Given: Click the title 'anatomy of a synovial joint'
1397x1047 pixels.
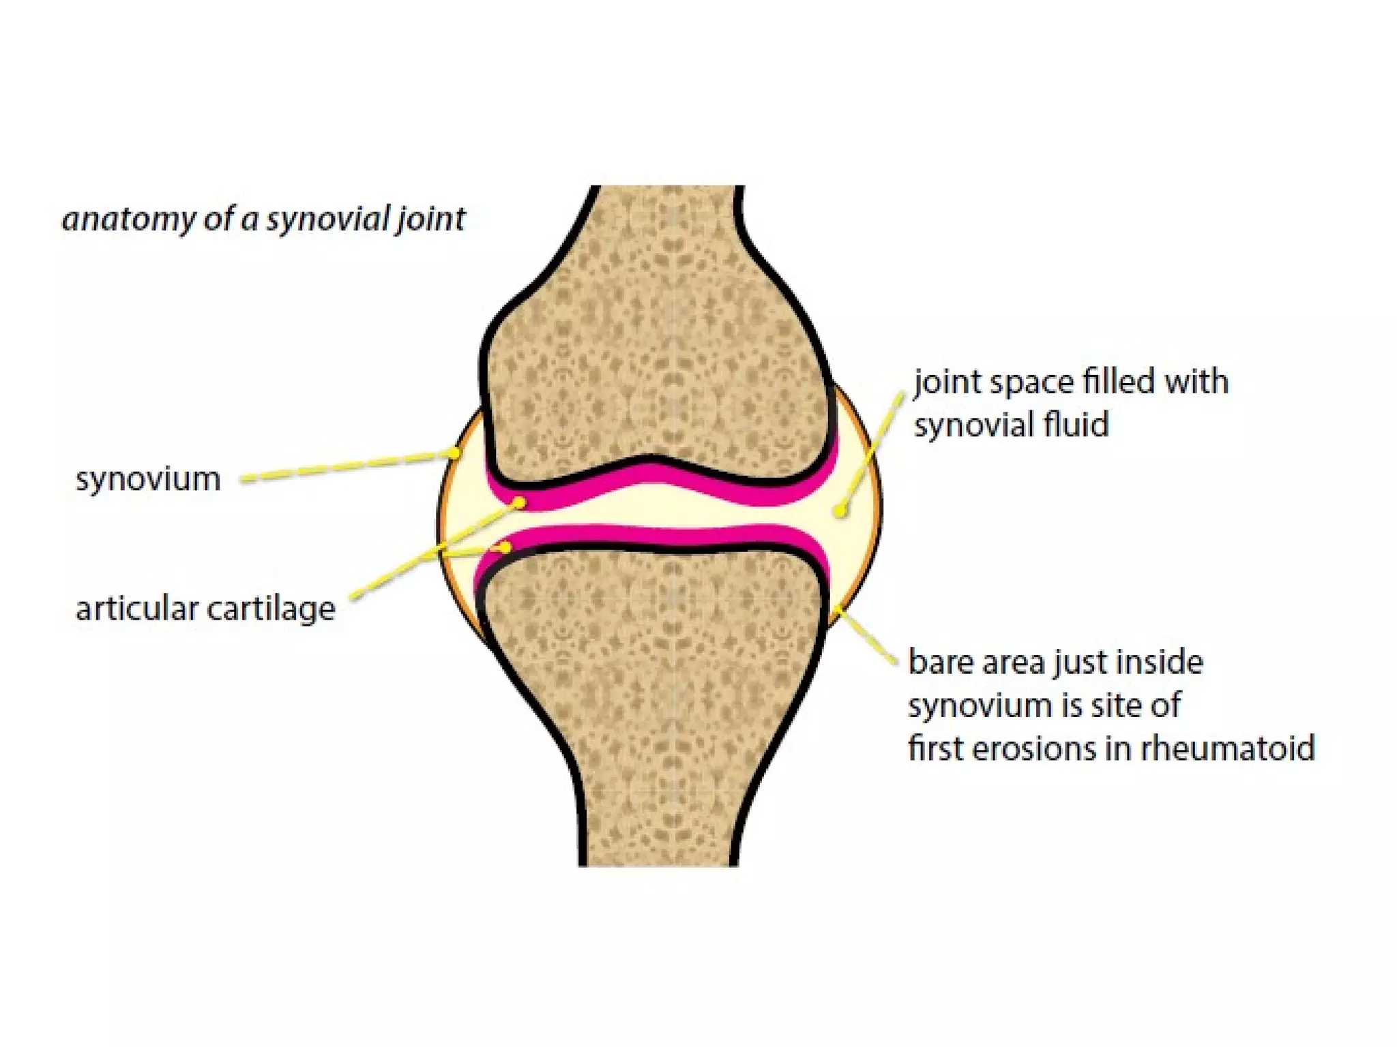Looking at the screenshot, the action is point(263,219).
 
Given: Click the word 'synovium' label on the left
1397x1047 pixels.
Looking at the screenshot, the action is point(148,479).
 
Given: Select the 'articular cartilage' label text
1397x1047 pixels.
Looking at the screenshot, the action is point(205,609).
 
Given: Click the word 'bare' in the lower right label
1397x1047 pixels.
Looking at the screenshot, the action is point(941,662).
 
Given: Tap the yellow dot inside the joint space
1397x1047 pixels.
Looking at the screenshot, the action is point(841,510).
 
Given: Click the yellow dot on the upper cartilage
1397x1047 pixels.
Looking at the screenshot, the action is point(520,503).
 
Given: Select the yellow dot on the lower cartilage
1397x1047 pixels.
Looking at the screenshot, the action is point(505,547).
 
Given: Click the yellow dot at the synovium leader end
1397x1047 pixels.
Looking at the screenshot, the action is point(453,453).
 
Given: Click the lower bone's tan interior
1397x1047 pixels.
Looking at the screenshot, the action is point(655,682).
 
